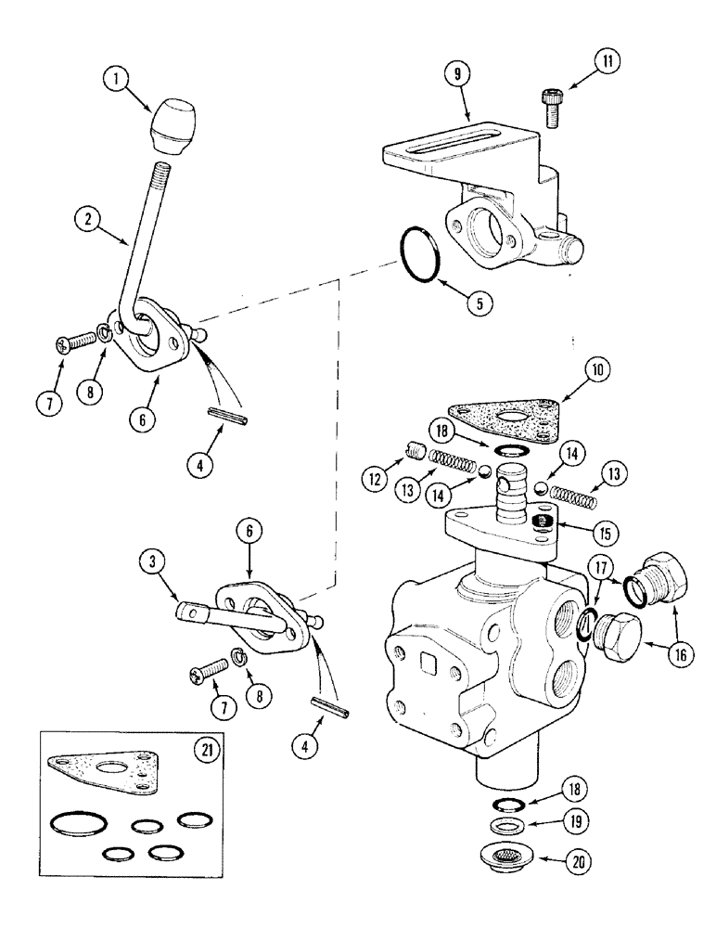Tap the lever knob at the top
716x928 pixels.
[x=174, y=127]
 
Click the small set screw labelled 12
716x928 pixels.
[x=417, y=455]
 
